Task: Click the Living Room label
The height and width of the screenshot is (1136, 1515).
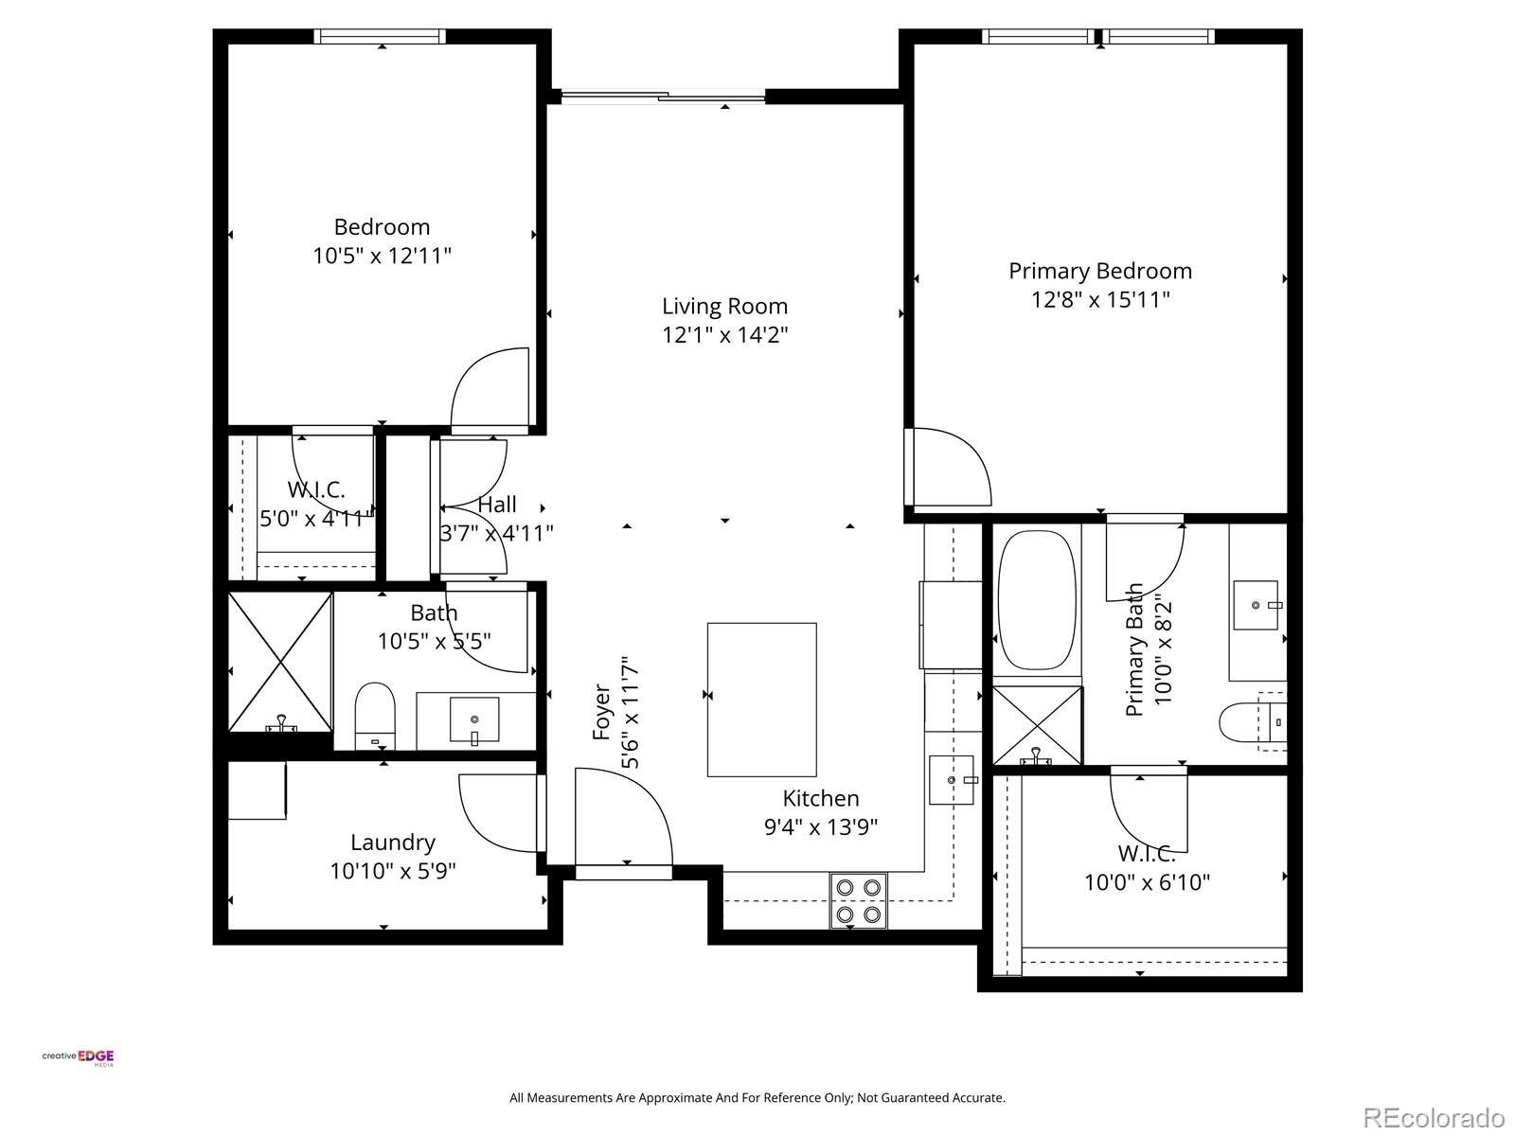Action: (724, 306)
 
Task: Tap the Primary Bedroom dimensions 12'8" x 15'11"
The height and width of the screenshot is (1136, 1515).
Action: (1099, 300)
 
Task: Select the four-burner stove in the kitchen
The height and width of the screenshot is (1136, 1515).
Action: (859, 900)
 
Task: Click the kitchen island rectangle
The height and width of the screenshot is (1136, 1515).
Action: (761, 700)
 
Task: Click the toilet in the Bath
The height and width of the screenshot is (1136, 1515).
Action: (375, 717)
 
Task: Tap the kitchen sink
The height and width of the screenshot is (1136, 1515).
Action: (951, 780)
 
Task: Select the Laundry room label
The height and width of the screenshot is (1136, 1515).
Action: (392, 842)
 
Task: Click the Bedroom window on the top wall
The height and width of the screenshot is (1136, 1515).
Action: (380, 37)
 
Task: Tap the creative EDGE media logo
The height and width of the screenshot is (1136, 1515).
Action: (79, 1057)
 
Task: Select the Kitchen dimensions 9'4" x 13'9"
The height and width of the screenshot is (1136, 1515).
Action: (820, 826)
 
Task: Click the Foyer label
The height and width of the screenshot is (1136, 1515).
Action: (602, 712)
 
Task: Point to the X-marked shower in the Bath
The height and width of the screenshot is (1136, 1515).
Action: (280, 662)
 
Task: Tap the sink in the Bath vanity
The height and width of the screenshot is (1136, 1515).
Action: (473, 719)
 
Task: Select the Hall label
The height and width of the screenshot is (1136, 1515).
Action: (497, 505)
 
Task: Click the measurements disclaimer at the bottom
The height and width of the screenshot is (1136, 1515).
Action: (757, 1098)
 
